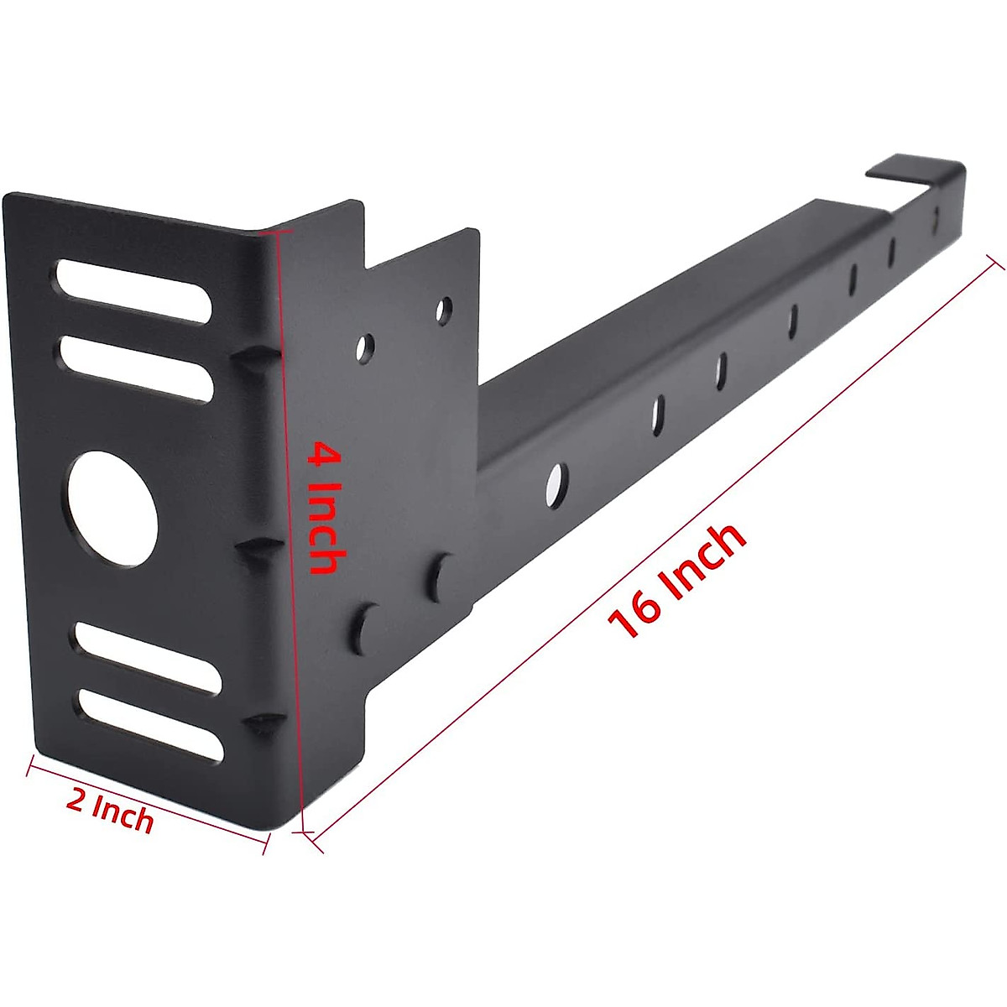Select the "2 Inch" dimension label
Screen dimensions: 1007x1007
(x=110, y=812)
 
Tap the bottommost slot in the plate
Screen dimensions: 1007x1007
(x=151, y=723)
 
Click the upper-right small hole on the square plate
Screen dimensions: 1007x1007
(x=444, y=310)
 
